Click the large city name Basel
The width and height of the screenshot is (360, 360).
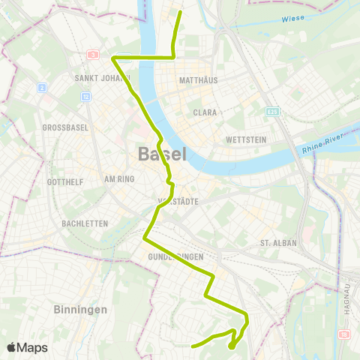(x=161, y=155)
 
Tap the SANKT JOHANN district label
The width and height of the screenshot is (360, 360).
(x=103, y=77)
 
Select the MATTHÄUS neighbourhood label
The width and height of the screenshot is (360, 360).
(x=199, y=79)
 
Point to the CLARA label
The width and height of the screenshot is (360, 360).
(x=205, y=112)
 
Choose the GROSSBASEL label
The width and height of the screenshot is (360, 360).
(x=65, y=127)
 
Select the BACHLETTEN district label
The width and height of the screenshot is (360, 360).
(x=85, y=223)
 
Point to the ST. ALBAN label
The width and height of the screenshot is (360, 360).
(x=278, y=243)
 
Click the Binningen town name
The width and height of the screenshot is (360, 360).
(x=81, y=309)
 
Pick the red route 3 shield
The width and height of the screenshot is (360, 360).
(x=93, y=55)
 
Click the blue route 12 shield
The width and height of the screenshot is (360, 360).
(x=86, y=96)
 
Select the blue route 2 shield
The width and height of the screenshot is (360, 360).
(x=43, y=87)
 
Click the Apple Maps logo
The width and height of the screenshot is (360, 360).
(x=26, y=347)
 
